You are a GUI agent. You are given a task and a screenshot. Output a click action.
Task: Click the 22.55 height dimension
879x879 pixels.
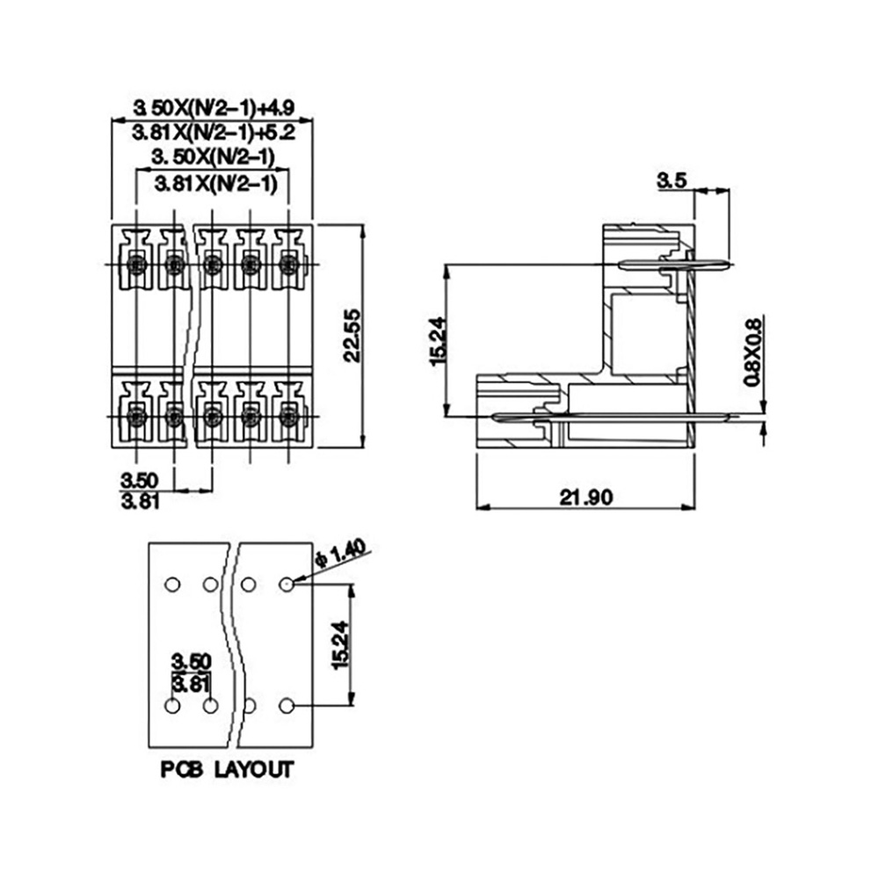[x=352, y=336]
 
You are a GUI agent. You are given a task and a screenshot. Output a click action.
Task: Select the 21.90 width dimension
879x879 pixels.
[x=585, y=497]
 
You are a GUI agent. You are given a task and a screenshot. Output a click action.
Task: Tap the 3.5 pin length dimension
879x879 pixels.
[x=671, y=180]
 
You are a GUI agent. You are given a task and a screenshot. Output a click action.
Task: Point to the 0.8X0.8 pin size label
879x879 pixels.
[x=753, y=352]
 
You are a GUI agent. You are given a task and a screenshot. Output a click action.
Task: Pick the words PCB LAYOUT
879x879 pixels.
[x=227, y=770]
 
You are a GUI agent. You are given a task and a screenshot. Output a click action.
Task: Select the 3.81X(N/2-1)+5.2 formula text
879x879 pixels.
[x=214, y=133]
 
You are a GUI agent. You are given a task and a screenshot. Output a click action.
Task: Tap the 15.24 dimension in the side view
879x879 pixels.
[x=437, y=341]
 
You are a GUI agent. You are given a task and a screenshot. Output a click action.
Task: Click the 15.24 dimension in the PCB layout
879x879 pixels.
[x=339, y=645]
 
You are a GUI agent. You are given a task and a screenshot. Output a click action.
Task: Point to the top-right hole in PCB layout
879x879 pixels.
[x=287, y=585]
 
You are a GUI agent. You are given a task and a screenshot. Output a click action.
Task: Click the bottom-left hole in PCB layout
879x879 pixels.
[x=172, y=706]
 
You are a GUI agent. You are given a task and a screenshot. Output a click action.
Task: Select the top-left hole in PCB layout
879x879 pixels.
[x=172, y=585]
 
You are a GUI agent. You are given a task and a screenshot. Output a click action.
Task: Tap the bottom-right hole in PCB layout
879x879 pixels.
[x=287, y=706]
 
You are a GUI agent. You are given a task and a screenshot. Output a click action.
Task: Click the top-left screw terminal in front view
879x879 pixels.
[x=137, y=264]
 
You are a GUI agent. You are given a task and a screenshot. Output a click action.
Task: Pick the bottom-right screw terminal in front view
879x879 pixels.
[x=288, y=417]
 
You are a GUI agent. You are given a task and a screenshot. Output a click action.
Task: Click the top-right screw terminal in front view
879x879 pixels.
[x=288, y=264]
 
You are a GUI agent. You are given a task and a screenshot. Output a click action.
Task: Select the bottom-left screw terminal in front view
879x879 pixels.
[x=137, y=417]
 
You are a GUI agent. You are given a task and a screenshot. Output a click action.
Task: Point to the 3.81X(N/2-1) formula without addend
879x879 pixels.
[x=216, y=184]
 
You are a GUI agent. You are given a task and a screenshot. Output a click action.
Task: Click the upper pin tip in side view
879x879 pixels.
[x=730, y=264]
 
